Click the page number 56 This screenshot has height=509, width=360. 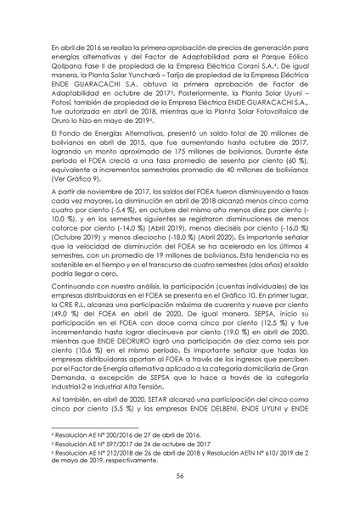point(180,478)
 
